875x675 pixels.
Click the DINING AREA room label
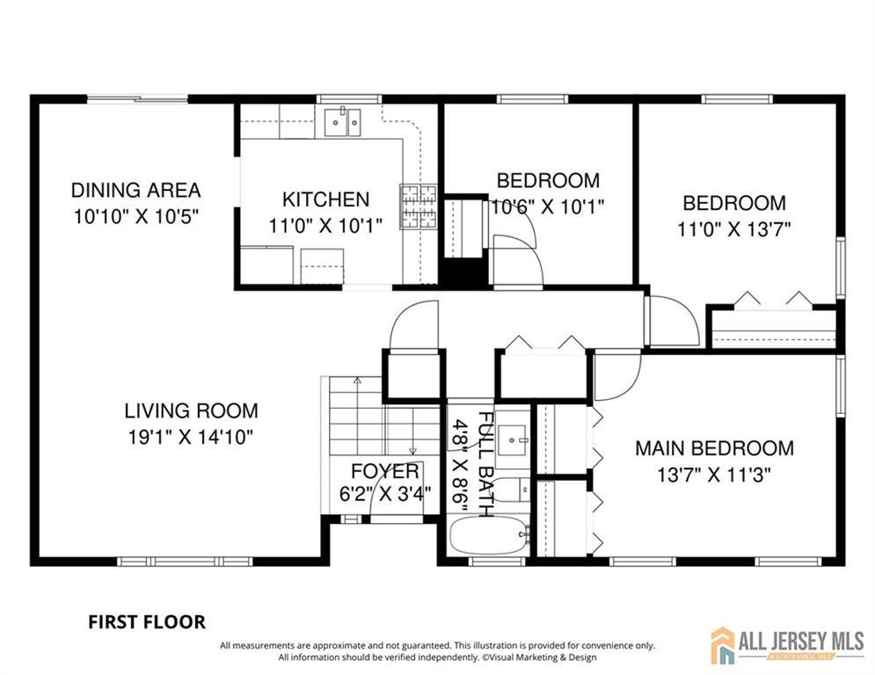[x=135, y=190]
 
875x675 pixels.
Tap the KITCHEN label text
[x=326, y=200]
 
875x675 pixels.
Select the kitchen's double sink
[x=343, y=122]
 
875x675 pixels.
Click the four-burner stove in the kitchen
[x=418, y=207]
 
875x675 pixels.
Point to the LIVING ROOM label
[x=192, y=411]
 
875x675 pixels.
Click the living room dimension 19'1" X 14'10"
[x=191, y=437]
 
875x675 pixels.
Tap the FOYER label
[x=385, y=471]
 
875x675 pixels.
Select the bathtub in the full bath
[x=489, y=535]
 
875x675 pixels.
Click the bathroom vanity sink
[x=513, y=439]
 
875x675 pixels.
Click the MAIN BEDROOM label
[x=714, y=448]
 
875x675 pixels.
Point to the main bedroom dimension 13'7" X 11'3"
[x=714, y=475]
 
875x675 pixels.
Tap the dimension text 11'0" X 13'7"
[x=734, y=229]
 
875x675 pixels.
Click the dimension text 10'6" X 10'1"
[x=548, y=207]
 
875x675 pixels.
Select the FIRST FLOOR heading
[x=147, y=622]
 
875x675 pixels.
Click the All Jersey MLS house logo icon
[x=723, y=645]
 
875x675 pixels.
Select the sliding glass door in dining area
[x=137, y=99]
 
